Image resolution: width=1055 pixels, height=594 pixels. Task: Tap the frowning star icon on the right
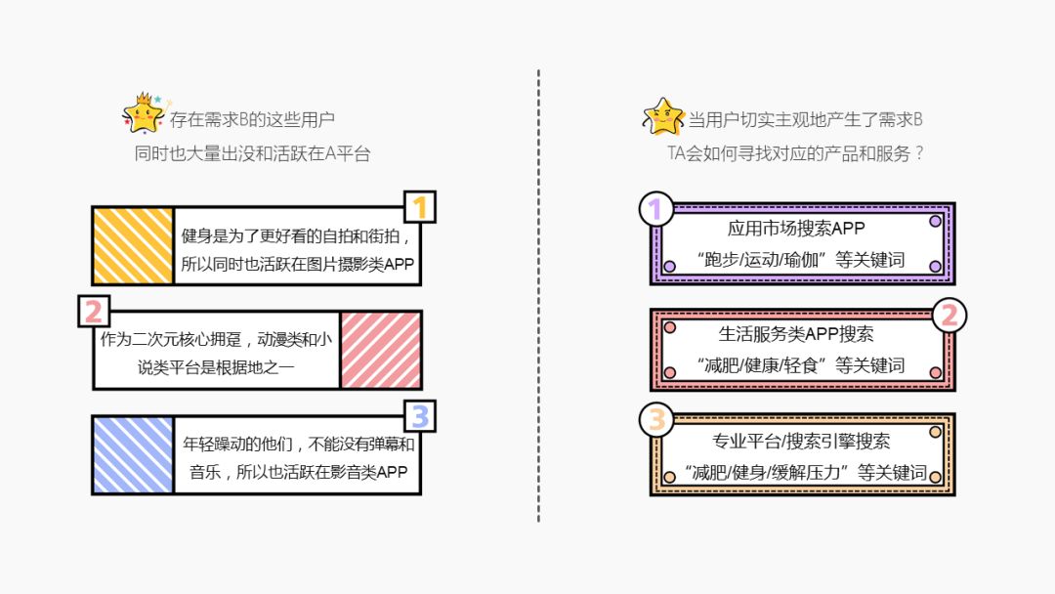coord(663,117)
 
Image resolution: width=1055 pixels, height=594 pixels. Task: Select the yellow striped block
coord(133,245)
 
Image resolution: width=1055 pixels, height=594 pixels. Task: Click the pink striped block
coord(381,350)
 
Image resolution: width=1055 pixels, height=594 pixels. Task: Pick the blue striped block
coord(133,454)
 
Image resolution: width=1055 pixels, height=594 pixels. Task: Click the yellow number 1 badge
coord(420,207)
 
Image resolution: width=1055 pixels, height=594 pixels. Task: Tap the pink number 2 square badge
coord(94,311)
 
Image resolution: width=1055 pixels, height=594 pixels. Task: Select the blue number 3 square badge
coord(420,416)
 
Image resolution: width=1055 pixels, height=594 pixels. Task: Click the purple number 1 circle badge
coord(655,209)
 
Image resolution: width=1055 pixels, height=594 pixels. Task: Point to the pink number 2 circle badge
coord(949,315)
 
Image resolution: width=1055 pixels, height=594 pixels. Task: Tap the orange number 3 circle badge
coord(656,420)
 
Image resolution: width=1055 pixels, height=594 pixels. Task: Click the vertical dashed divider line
coord(538,293)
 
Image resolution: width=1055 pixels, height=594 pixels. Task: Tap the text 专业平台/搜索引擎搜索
coord(801,441)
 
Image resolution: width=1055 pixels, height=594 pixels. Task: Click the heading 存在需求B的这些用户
coord(253,120)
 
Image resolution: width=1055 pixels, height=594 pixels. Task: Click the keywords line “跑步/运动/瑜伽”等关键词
coord(801,260)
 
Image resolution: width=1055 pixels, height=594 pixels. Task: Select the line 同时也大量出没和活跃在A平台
coord(253,153)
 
